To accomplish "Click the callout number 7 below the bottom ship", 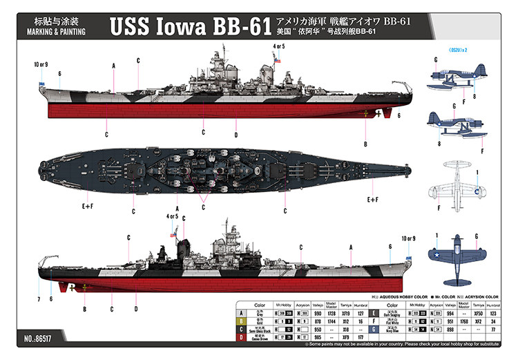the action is pos(39,299).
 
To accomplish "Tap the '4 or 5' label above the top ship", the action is pos(279,47).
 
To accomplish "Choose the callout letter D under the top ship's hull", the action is pos(236,135).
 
